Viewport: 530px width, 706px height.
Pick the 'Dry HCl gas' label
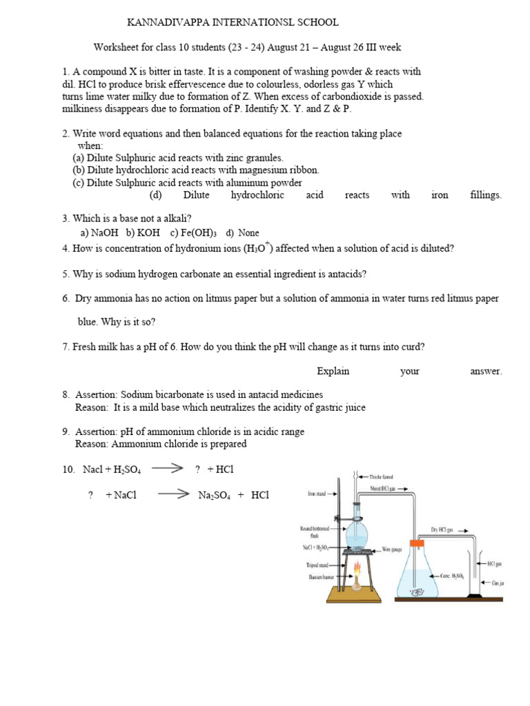point(444,529)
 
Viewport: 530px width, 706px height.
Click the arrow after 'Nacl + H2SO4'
point(166,468)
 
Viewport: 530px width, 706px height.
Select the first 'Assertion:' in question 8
point(97,395)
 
